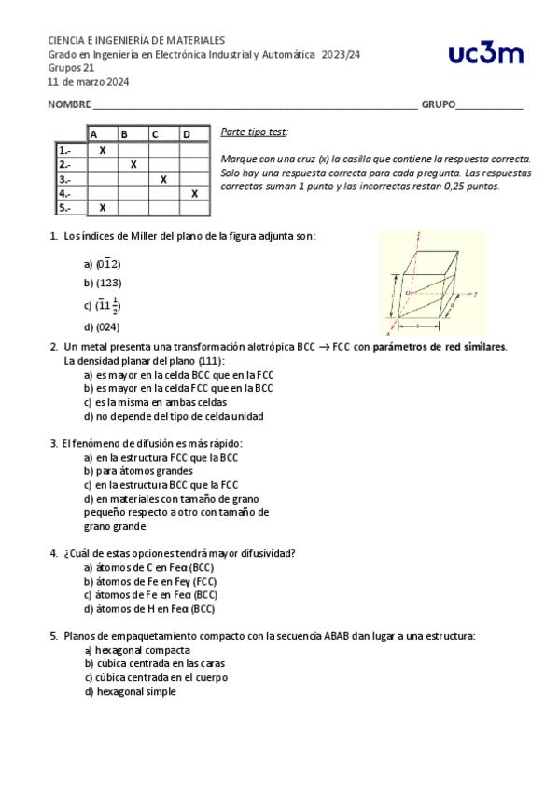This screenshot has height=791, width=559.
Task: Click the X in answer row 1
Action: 103,150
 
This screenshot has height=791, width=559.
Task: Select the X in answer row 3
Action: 163,179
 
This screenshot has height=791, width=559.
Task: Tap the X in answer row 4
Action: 194,194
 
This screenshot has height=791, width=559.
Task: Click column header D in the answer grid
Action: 187,135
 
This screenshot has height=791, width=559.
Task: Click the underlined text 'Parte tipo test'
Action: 254,132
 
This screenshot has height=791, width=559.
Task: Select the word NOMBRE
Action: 69,104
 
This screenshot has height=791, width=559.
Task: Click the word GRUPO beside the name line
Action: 439,104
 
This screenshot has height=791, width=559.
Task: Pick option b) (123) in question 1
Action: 103,283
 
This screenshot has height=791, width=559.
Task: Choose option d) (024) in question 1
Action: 103,326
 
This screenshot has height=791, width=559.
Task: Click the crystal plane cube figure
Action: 431,283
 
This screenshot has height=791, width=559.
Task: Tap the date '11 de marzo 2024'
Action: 89,81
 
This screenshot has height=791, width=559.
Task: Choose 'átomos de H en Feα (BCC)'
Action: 149,609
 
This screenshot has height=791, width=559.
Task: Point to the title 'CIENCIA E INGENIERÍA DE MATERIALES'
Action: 136,41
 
